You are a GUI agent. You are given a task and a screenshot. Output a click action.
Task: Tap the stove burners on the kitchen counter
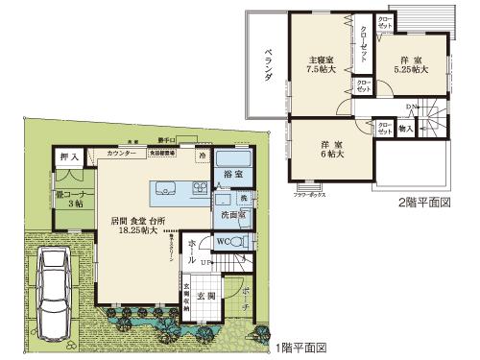point(200,187)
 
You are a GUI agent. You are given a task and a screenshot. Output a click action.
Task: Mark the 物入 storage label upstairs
point(405,128)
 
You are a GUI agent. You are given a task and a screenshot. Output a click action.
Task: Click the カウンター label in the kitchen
point(120,154)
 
